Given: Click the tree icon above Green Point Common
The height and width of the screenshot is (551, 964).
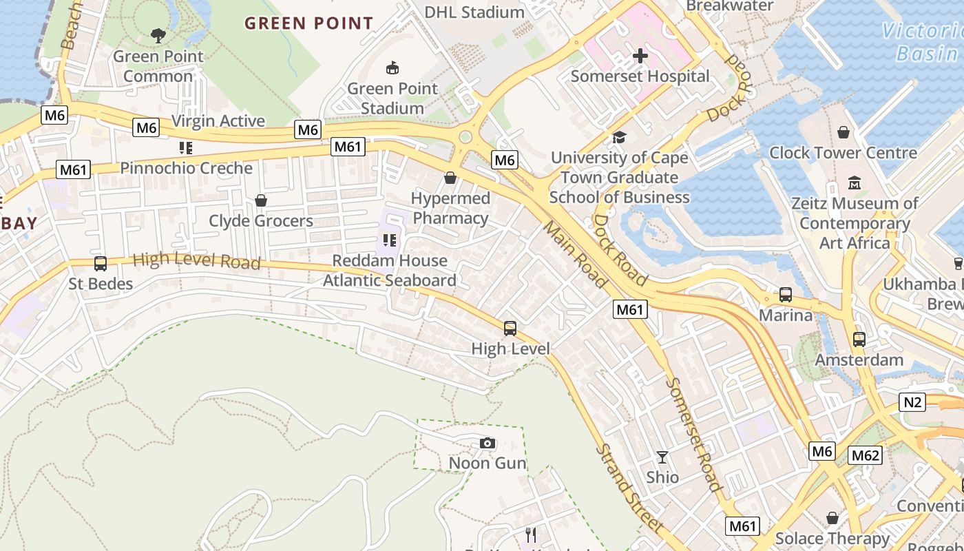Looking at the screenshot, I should [x=158, y=35].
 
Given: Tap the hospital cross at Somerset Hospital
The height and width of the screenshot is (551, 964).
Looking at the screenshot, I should [x=640, y=56].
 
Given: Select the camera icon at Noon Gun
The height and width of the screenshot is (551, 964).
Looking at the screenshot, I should [x=488, y=443].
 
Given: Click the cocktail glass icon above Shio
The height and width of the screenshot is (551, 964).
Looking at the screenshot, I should [x=662, y=457].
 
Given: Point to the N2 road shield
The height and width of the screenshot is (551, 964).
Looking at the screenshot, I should [x=912, y=402].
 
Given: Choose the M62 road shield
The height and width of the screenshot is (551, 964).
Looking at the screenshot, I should [x=865, y=455].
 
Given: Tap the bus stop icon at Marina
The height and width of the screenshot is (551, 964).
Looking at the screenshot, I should [x=786, y=295].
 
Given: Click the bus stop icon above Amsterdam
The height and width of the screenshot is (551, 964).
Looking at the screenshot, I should [x=859, y=340].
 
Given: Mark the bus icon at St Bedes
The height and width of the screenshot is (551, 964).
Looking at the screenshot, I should [x=101, y=263].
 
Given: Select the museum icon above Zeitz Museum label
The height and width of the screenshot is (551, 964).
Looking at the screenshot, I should [x=855, y=183].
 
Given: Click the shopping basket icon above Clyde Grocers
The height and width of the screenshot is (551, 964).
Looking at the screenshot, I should [x=261, y=200].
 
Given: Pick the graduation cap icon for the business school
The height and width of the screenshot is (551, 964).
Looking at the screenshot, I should [x=619, y=138].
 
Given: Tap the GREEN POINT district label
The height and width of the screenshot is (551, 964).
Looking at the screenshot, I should [x=309, y=23].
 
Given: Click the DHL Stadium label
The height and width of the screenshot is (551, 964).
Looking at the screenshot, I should [x=474, y=12].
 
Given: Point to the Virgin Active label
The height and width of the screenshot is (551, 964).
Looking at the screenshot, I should [x=218, y=121].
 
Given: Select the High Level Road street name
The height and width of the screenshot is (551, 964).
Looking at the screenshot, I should [x=197, y=260].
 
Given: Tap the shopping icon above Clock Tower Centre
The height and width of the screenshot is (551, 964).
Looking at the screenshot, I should [x=843, y=132].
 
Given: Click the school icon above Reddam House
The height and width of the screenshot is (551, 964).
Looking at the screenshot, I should [x=390, y=240].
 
